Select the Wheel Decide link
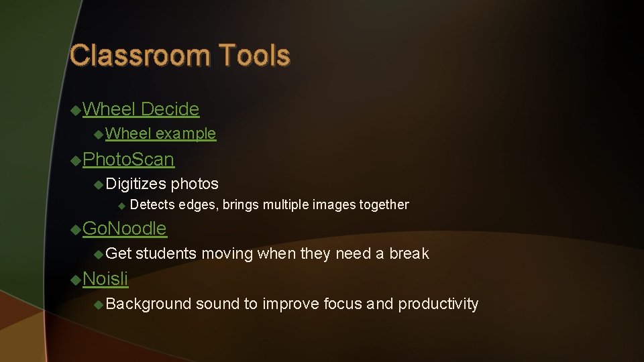point(141,109)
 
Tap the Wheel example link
point(160,133)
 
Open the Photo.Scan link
point(128,160)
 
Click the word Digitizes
point(136,183)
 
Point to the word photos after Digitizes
point(195,183)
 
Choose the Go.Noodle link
point(124,229)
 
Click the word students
point(166,253)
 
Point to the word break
point(409,253)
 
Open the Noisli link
point(105,278)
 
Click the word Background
point(148,304)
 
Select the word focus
point(343,304)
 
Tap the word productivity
point(438,304)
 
